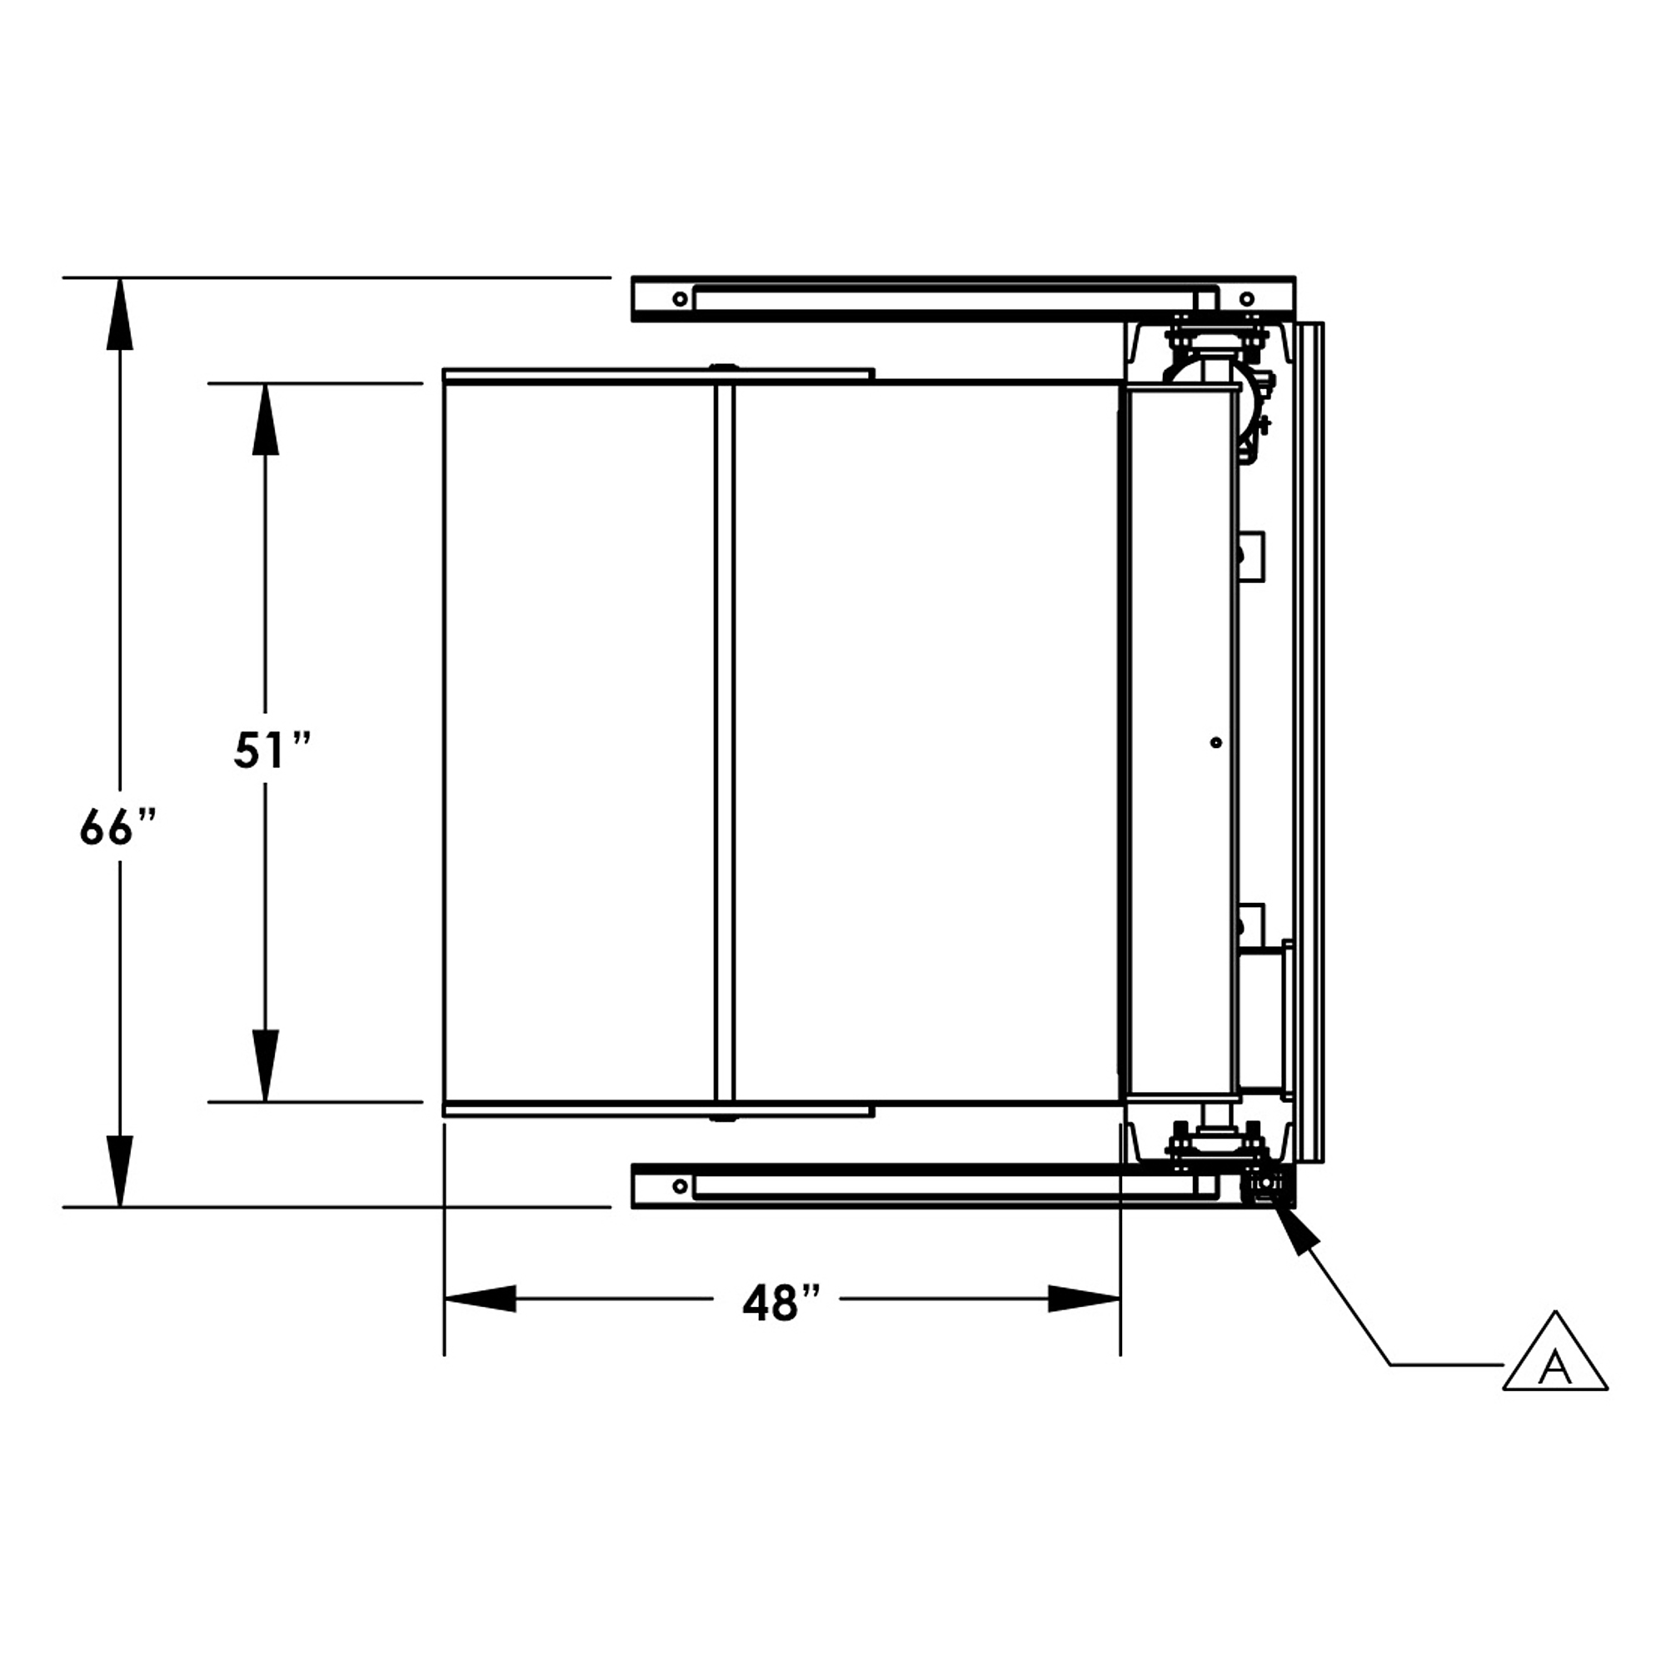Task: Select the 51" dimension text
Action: coord(272,750)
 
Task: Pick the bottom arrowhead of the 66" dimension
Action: coord(120,1171)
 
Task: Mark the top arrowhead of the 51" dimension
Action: coord(265,419)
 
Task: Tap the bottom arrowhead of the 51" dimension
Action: coord(265,1066)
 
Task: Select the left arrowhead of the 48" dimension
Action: coord(480,1299)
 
